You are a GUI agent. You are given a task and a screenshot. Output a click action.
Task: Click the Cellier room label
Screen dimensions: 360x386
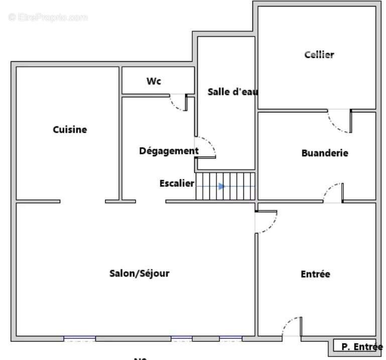[x=319, y=55]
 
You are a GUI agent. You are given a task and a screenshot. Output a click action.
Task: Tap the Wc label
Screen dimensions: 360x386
[x=154, y=81]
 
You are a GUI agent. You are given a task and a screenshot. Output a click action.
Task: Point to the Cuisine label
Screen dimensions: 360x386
[x=70, y=130]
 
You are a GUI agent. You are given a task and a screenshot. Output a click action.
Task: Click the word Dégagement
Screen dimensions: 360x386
[x=169, y=151]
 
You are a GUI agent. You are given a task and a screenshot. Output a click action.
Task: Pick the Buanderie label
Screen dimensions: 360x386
[x=325, y=153]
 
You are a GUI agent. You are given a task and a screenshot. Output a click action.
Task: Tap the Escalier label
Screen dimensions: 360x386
[x=177, y=183]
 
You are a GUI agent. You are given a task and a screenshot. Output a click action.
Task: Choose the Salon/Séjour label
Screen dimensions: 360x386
[x=140, y=274]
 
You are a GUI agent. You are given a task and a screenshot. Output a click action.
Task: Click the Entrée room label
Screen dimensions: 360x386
[x=315, y=274]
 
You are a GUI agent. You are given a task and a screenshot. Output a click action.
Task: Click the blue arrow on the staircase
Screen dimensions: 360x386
[x=221, y=186]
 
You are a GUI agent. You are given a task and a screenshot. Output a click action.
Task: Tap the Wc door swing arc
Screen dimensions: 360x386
[x=178, y=102]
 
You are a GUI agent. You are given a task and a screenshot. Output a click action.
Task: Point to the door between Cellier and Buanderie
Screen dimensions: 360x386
[x=340, y=122]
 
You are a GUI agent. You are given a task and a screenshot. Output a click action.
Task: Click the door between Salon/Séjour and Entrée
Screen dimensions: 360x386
[x=266, y=222]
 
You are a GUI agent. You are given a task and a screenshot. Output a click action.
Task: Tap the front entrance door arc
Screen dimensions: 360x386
[x=292, y=326]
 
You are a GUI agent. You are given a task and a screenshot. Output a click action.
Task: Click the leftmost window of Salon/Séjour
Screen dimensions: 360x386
[x=79, y=338]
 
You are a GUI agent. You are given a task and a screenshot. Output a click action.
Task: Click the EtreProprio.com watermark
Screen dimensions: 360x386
[x=48, y=17]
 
